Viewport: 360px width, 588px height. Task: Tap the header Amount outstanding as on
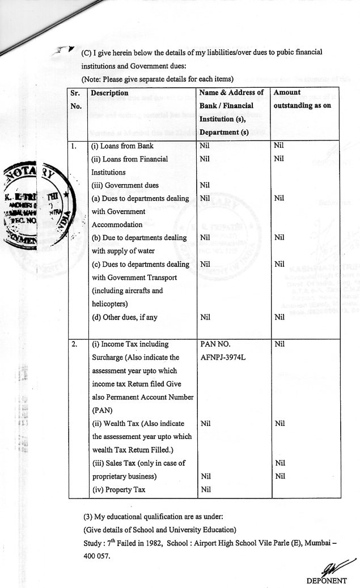pyautogui.click(x=302, y=99)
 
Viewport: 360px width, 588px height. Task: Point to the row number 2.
pyautogui.click(x=74, y=344)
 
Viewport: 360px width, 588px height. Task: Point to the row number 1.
pyautogui.click(x=74, y=146)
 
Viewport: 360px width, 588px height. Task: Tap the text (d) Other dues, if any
pyautogui.click(x=124, y=317)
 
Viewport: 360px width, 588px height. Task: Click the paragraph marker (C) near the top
pyautogui.click(x=87, y=52)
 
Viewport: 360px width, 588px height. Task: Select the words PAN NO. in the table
pyautogui.click(x=216, y=344)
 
